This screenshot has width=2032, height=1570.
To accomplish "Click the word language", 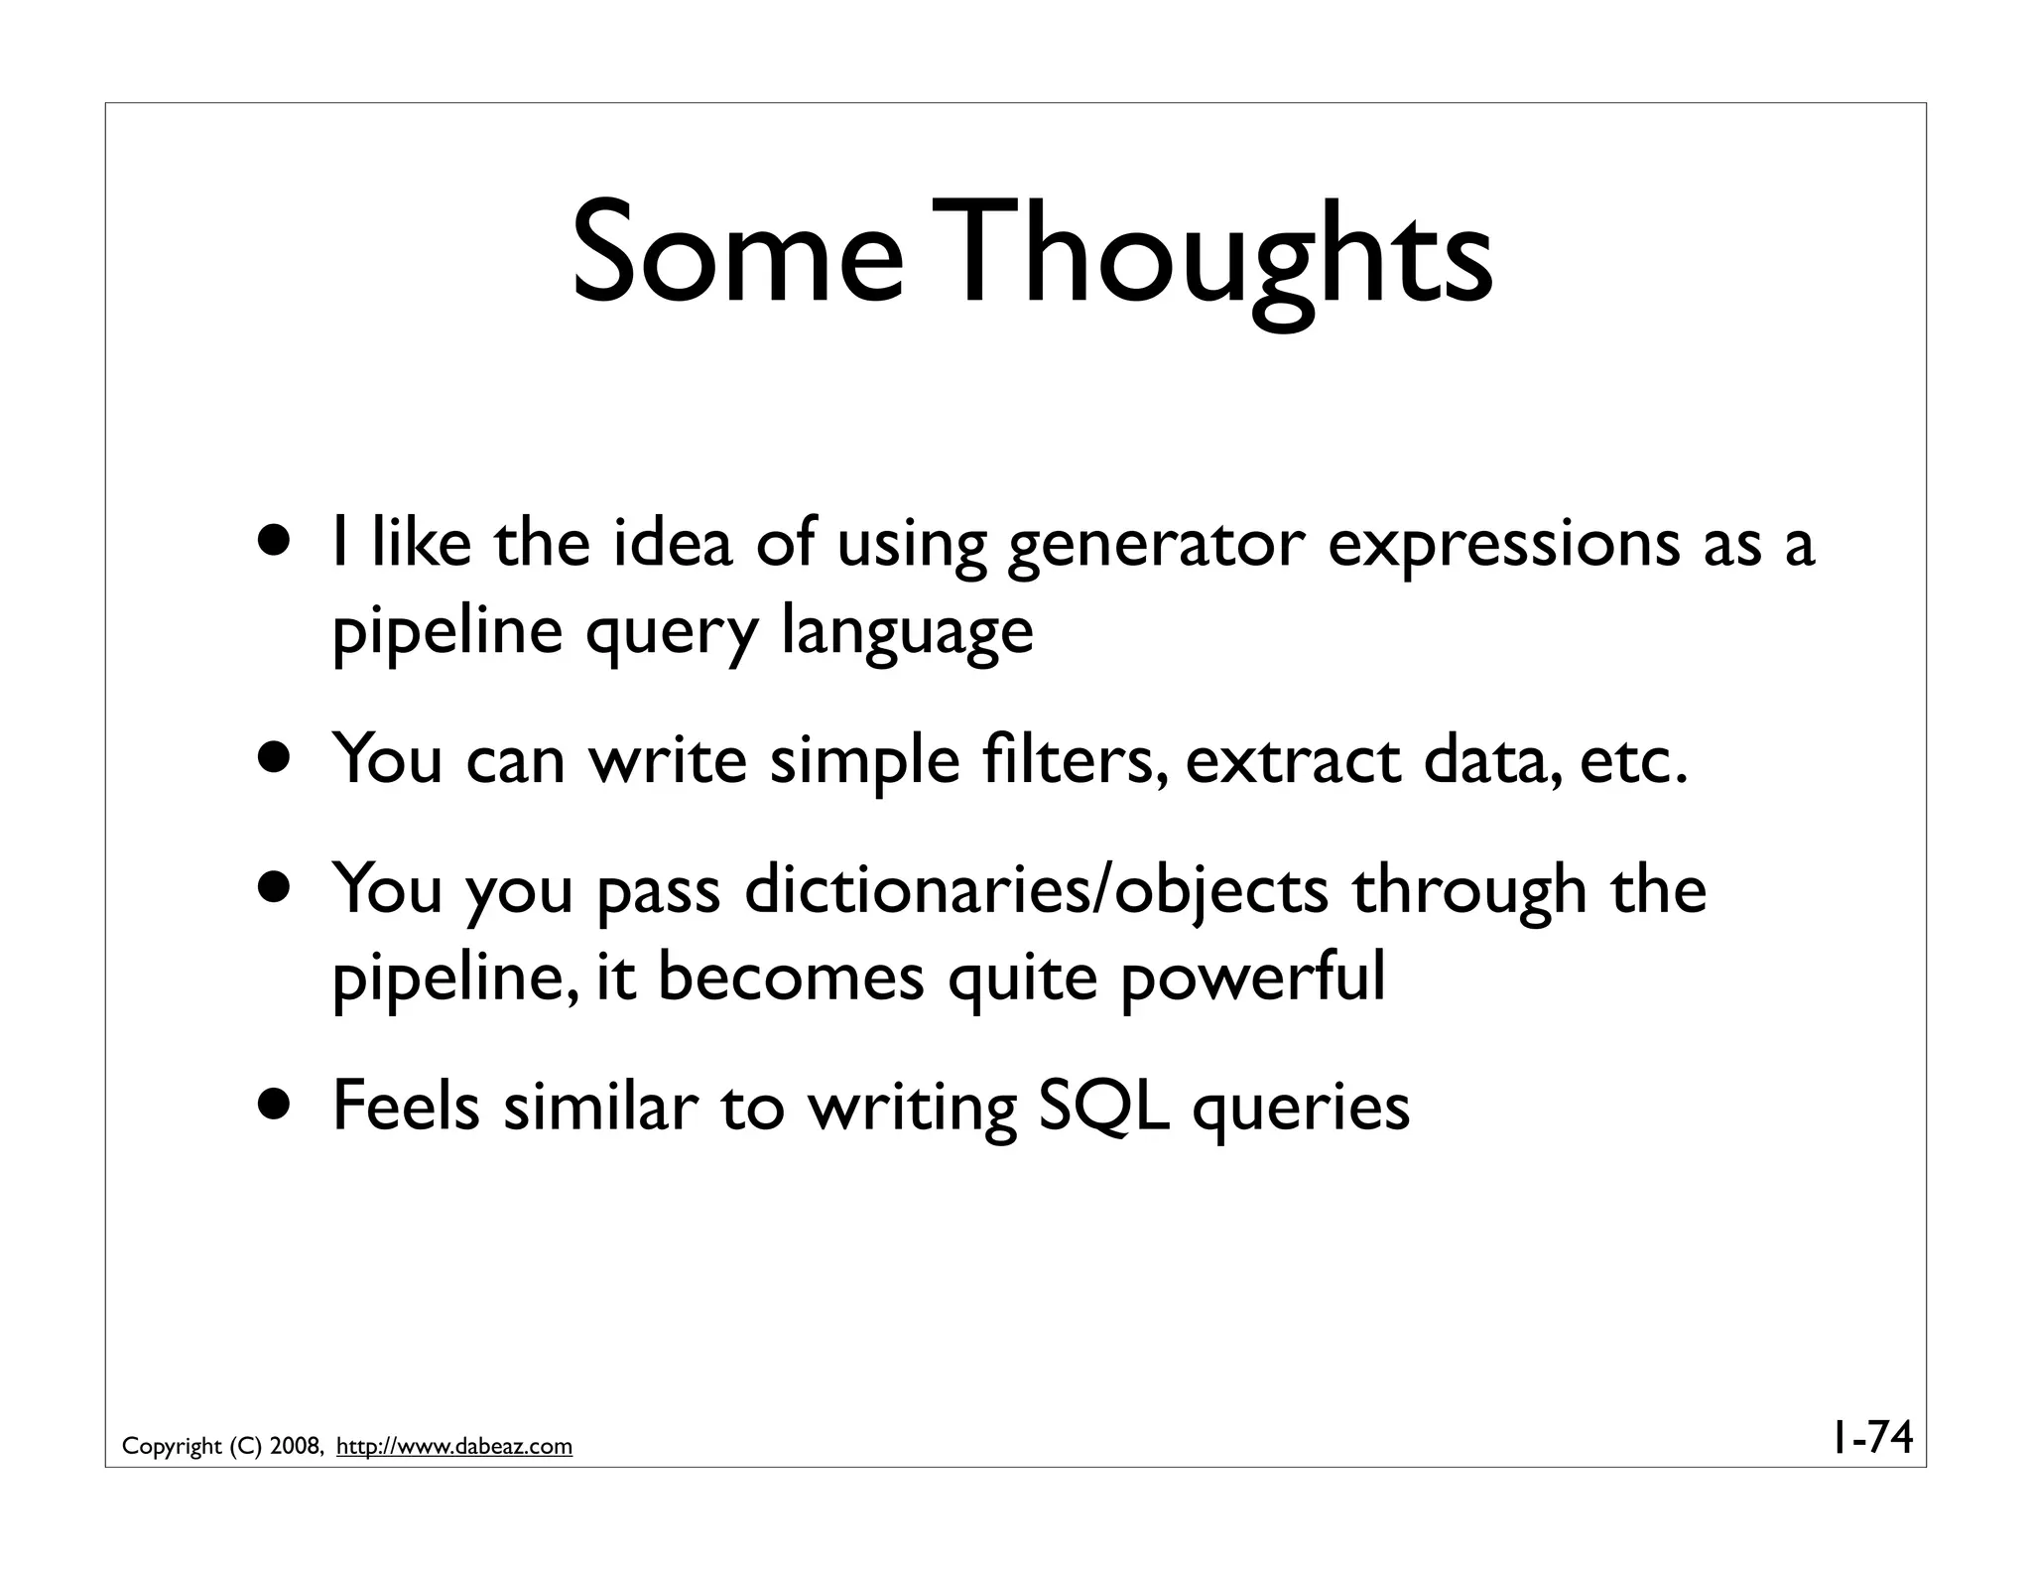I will click(x=907, y=632).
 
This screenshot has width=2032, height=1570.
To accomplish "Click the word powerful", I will click(x=1252, y=978).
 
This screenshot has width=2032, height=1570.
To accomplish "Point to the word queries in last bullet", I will click(x=1300, y=1108).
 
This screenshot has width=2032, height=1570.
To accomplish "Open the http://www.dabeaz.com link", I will click(x=454, y=1447).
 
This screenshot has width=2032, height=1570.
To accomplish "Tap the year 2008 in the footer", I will click(x=294, y=1447).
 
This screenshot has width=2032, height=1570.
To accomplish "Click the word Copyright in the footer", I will click(x=172, y=1447).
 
